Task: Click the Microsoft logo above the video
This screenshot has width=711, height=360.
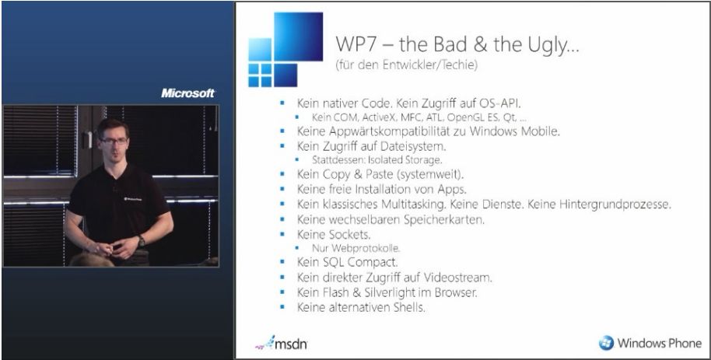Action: point(187,93)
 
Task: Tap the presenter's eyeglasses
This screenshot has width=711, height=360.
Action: point(114,141)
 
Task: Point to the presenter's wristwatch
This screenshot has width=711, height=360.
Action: point(142,241)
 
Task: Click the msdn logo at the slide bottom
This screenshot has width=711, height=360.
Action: point(281,343)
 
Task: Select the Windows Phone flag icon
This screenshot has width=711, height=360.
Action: point(606,343)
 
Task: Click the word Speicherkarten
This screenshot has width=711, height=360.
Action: point(445,220)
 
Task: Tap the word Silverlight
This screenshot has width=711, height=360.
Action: point(393,292)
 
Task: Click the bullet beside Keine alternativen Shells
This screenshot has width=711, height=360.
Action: point(282,307)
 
